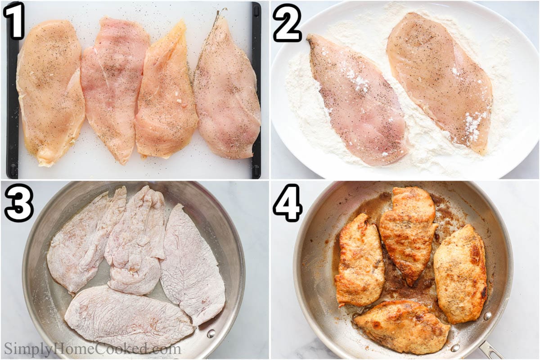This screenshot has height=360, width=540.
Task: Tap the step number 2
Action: (287, 22)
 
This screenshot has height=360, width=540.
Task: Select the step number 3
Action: (18, 202)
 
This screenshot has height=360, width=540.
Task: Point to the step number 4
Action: (287, 202)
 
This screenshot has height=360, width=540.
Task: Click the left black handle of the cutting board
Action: (13, 90)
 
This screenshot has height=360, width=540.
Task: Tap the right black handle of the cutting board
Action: (256, 90)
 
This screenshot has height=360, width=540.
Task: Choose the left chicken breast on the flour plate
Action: (355, 101)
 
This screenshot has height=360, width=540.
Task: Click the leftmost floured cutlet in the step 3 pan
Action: (81, 243)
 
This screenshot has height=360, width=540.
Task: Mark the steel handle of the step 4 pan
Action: (490, 350)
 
